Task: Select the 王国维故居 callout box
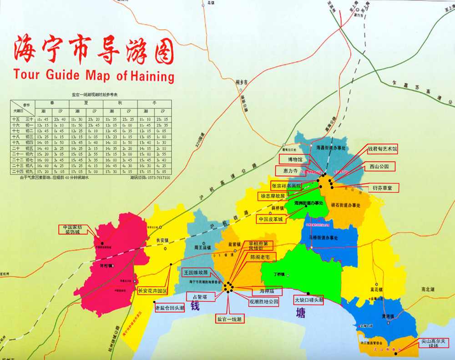196,273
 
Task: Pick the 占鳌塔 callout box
198,296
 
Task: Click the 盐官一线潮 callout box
230,319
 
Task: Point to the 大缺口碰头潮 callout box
308,300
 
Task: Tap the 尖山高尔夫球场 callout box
434,343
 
